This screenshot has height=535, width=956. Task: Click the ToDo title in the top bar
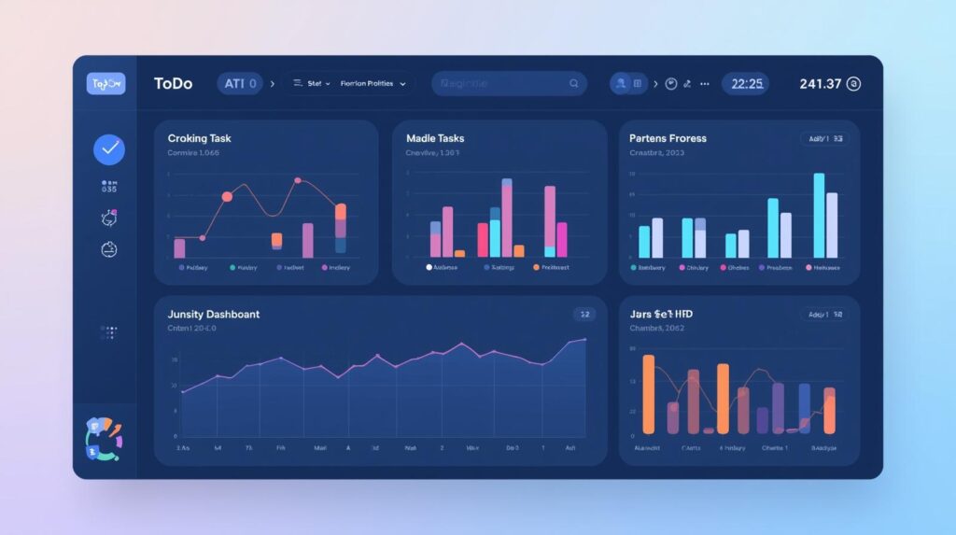click(x=173, y=84)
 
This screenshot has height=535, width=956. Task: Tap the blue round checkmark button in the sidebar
click(x=109, y=148)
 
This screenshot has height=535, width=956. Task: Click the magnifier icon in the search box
click(x=573, y=84)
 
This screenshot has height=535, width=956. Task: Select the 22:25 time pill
click(x=747, y=84)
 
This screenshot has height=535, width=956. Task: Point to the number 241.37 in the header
click(x=821, y=84)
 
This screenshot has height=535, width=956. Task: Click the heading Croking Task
click(x=199, y=138)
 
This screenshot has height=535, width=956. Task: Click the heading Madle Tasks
click(x=435, y=138)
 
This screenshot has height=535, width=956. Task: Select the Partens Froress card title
click(x=668, y=138)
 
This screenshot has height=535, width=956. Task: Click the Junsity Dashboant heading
click(x=214, y=315)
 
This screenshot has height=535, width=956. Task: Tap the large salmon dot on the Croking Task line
click(x=227, y=197)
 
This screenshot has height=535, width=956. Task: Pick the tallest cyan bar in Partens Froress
click(x=819, y=215)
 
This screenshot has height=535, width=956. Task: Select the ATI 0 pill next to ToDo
click(x=241, y=84)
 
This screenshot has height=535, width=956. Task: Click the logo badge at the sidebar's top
click(x=105, y=84)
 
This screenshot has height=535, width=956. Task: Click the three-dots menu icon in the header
click(x=704, y=84)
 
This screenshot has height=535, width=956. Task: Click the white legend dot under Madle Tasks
click(x=429, y=267)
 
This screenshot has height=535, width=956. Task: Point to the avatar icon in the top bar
click(x=619, y=84)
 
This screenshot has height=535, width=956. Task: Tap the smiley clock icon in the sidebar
click(x=108, y=249)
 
